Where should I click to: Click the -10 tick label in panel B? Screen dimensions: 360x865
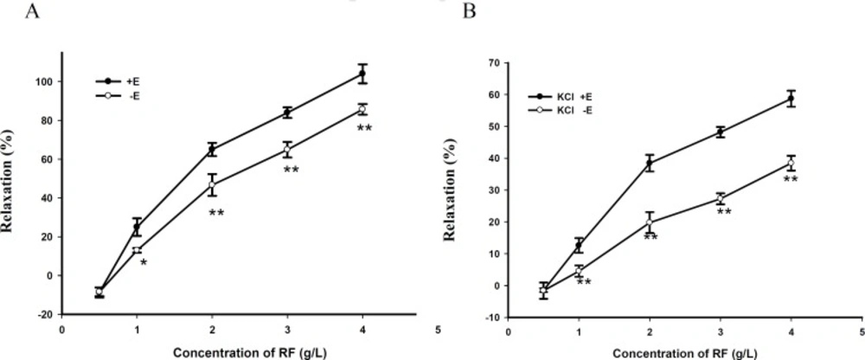tap(493, 318)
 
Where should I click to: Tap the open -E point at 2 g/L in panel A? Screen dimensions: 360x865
tap(212, 185)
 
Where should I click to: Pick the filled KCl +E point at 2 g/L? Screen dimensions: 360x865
tap(650, 164)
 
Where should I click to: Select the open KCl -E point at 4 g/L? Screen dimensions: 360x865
tap(791, 164)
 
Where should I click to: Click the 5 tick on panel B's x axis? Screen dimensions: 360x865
tap(861, 331)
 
